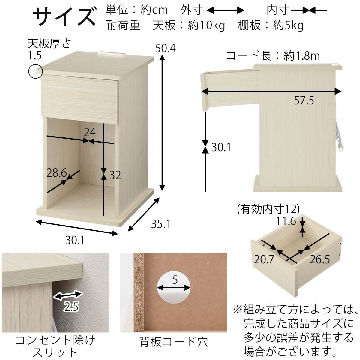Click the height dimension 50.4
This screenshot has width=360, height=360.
click(x=165, y=48)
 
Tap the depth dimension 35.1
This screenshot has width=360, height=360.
click(x=160, y=224)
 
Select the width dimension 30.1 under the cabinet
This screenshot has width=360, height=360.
click(x=75, y=240)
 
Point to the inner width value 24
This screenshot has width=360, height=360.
click(x=89, y=132)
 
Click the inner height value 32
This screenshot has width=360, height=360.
click(x=115, y=175)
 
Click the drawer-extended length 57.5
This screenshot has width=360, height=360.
click(x=304, y=100)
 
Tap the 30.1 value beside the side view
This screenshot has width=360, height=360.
click(x=221, y=147)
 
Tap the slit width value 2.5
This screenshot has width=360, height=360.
click(x=71, y=307)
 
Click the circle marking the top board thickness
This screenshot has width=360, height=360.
click(x=35, y=71)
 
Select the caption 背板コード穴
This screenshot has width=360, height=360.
click(x=174, y=342)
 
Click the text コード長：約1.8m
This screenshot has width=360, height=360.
click(x=273, y=56)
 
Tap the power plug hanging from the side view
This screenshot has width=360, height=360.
click(x=340, y=146)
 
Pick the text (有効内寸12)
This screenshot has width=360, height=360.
click(x=268, y=209)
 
